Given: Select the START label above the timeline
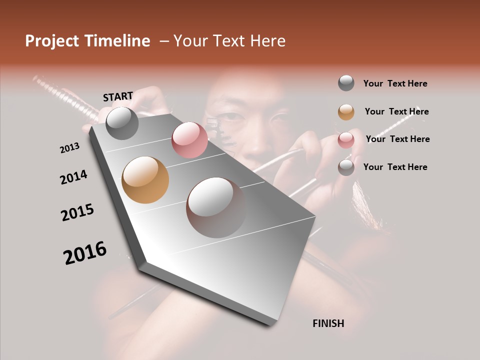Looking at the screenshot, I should (118, 96).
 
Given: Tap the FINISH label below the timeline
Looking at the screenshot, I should (328, 323).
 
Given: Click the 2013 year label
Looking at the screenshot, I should (70, 148).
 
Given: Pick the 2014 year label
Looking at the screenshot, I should (73, 177).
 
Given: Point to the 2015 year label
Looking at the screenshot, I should (77, 212).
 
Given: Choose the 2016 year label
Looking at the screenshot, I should (85, 253).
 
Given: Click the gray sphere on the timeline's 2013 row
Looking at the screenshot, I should (122, 123).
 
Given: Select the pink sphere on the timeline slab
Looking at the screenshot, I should (189, 140).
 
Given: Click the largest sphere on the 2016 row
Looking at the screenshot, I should (216, 207).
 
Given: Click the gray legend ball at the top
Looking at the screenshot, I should (346, 83).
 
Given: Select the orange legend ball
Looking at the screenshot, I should (346, 112).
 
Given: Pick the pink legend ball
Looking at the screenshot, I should (346, 139).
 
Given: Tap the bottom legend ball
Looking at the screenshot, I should (346, 167).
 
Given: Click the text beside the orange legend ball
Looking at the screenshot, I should (396, 111).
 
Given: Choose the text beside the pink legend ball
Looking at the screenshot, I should (397, 139).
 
